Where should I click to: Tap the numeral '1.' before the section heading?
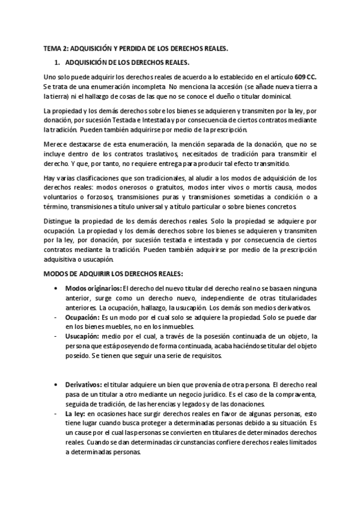click(58, 62)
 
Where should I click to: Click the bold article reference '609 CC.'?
click(307, 77)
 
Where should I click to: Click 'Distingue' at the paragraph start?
click(60, 221)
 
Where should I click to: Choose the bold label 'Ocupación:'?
click(82, 317)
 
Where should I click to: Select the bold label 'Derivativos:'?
click(84, 384)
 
